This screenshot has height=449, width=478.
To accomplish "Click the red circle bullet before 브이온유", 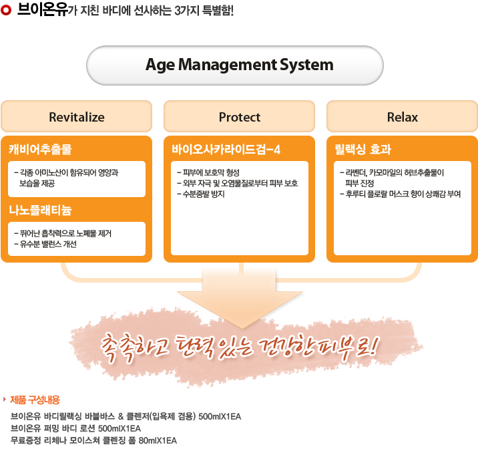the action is click(6, 10).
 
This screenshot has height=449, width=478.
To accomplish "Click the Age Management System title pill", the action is click(235, 65).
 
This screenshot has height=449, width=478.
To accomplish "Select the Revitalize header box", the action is click(77, 116).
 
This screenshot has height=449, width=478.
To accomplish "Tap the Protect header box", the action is click(239, 116).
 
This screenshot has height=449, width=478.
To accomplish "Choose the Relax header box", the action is click(402, 116).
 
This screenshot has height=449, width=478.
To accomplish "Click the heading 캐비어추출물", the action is click(40, 149).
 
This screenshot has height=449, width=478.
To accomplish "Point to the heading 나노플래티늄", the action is click(40, 210).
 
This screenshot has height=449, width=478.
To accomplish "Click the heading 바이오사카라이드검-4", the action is click(226, 150).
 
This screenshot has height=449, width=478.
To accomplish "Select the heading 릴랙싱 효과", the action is click(363, 149).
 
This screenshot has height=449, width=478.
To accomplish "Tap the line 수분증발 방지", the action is click(201, 194).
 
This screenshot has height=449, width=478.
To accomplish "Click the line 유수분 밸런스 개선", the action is click(45, 244).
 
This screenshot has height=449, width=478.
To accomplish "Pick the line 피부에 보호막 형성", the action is click(208, 172).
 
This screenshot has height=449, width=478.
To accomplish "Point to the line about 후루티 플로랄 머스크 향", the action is click(401, 194).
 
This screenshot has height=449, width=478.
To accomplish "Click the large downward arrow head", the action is click(240, 308).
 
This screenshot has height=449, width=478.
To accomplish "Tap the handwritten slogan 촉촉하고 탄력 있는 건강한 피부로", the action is click(239, 347).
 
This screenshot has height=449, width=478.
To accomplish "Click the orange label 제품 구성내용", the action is click(35, 400).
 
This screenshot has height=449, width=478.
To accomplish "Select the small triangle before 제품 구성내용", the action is click(5, 400).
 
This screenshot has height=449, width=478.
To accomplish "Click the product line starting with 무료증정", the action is click(93, 440).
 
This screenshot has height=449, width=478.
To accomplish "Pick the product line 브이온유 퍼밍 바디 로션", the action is click(75, 428).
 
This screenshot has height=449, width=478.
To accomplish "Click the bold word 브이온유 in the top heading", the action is click(42, 10).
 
